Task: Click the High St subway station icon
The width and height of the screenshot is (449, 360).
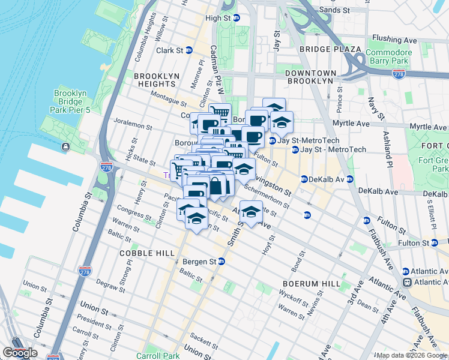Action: (236, 19)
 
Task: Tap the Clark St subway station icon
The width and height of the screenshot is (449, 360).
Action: (189, 50)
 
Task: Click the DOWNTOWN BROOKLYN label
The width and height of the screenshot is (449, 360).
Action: (309, 76)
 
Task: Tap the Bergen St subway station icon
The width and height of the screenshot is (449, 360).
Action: (221, 262)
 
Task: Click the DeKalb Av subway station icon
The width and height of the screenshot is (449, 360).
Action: (304, 179)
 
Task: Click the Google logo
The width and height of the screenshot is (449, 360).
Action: (20, 353)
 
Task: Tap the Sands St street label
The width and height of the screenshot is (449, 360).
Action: (334, 10)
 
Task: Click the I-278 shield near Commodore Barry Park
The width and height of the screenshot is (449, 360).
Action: (399, 73)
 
